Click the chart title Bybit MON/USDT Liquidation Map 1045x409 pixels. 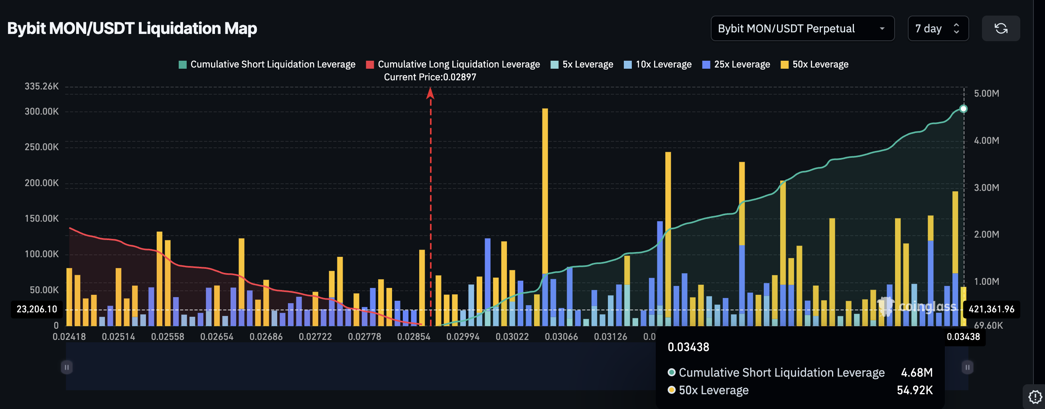click(132, 28)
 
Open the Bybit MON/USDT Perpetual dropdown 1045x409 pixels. click(802, 28)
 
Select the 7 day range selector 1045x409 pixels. click(937, 28)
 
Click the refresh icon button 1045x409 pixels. click(1000, 28)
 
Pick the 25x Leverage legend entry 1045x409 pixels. click(736, 64)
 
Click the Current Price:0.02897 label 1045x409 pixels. click(430, 77)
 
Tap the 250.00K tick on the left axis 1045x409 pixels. click(41, 147)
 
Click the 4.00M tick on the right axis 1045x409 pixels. click(986, 141)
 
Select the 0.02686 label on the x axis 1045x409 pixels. click(266, 337)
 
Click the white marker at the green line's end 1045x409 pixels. click(964, 109)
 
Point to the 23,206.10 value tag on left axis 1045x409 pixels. click(37, 310)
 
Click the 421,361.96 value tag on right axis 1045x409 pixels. click(991, 310)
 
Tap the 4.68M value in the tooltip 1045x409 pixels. click(917, 372)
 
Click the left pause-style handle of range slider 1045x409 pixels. click(67, 367)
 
